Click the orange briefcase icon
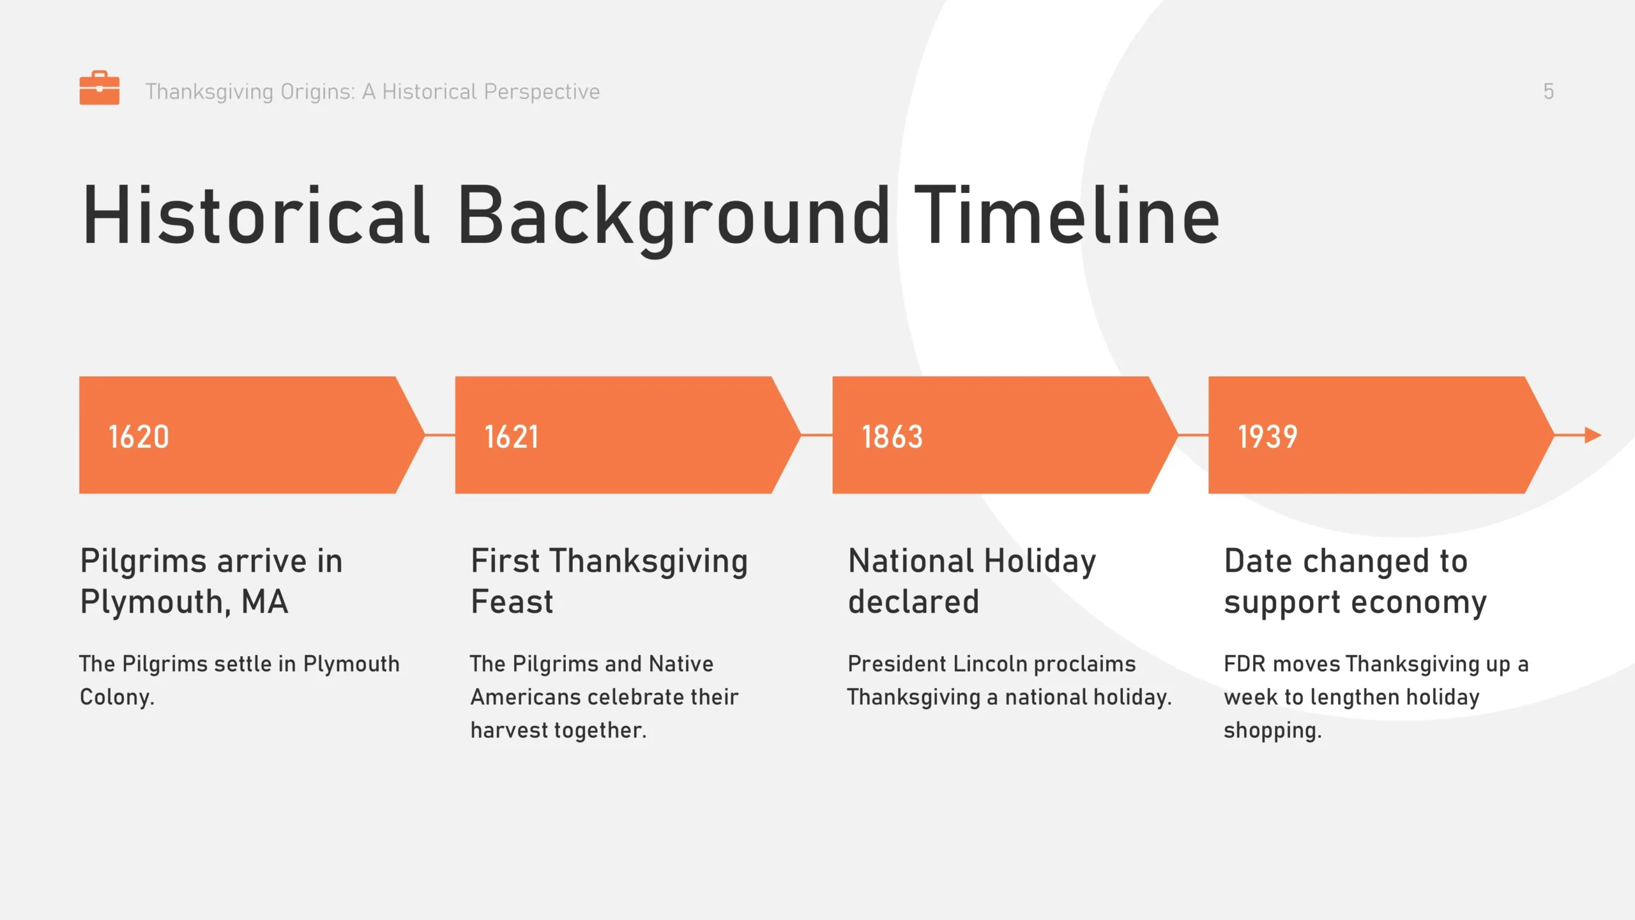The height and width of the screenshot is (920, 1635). click(99, 88)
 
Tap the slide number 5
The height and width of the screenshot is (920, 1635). click(1548, 91)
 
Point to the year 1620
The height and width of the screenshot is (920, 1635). click(139, 437)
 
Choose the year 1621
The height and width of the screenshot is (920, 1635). click(511, 437)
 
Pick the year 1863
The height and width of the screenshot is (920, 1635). click(892, 437)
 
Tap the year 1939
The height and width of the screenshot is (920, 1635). click(1267, 437)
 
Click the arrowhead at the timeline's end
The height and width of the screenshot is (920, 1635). click(1593, 435)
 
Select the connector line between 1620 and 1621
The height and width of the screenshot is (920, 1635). click(439, 435)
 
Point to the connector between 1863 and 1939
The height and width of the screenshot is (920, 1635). click(1193, 435)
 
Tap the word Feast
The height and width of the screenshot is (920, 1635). click(512, 602)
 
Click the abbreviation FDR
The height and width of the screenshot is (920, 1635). click(1244, 664)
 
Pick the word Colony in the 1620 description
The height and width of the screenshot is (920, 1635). click(117, 697)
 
